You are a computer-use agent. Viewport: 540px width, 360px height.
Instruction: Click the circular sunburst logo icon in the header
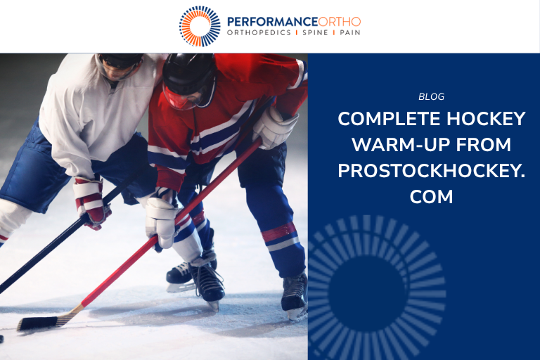click(200, 26)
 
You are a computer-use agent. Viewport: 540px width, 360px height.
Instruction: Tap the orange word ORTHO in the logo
click(340, 20)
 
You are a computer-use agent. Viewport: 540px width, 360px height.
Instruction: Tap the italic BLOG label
click(431, 97)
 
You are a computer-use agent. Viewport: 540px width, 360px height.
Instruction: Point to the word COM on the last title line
click(431, 197)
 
